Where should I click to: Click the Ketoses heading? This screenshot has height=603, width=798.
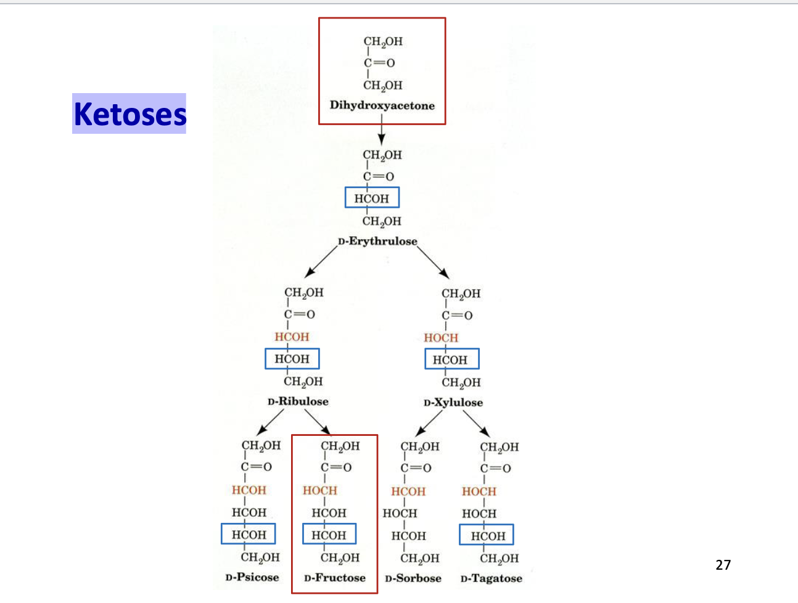(130, 113)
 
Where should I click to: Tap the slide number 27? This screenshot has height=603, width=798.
(723, 564)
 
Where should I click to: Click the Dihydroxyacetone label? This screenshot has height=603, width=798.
(382, 105)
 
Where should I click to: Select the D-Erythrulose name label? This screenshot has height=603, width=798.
(377, 241)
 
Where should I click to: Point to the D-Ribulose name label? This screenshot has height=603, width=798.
(298, 401)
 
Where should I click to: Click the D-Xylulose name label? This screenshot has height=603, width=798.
(453, 403)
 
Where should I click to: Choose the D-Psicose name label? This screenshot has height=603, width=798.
(252, 578)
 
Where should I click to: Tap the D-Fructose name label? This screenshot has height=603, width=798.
(334, 578)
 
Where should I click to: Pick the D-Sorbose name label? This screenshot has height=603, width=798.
(413, 578)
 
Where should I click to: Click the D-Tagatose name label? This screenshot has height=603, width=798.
(491, 578)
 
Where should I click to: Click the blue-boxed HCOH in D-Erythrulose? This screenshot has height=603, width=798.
(372, 198)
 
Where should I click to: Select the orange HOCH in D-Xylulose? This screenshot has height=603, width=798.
(441, 338)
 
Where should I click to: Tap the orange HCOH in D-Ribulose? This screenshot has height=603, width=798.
(292, 337)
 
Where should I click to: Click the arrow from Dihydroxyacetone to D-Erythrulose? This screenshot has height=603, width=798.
(381, 134)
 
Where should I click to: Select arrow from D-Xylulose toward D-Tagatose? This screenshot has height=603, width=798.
(476, 424)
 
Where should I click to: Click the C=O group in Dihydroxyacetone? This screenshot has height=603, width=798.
(379, 63)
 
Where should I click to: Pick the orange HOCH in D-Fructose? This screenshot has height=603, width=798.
(319, 491)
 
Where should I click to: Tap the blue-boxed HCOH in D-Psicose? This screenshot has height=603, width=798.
(249, 534)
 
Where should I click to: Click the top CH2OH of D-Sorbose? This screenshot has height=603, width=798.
(420, 446)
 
